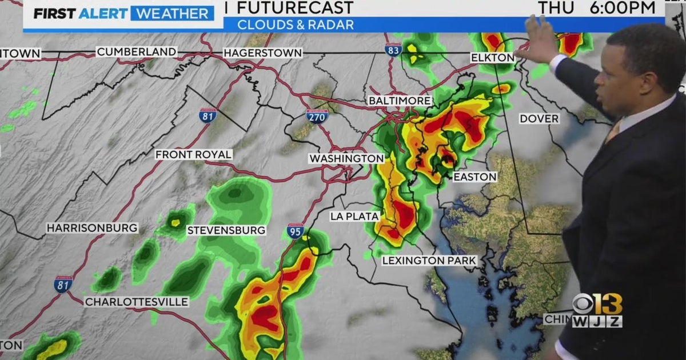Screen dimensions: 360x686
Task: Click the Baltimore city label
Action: click(399, 101)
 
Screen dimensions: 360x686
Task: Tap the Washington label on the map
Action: click(346, 158)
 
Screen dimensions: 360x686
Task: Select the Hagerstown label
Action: click(262, 53)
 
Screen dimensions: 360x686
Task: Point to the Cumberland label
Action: click(137, 52)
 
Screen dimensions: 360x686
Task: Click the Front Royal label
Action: click(194, 155)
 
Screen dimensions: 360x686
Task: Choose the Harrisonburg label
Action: click(92, 228)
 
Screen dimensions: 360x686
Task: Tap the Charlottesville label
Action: click(137, 302)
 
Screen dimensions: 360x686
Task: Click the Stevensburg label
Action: click(226, 230)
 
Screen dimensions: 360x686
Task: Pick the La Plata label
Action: click(354, 217)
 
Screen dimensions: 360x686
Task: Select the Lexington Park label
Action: click(429, 261)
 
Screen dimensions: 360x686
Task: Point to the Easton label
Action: click(475, 177)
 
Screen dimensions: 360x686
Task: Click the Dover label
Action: click(539, 119)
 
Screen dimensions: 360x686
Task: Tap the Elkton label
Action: click(492, 58)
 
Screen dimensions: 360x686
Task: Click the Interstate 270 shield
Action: click(317, 117)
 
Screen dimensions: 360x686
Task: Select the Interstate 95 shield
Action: click(295, 231)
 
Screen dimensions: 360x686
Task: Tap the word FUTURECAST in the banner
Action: click(294, 8)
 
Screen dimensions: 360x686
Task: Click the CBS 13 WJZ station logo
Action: click(597, 311)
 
